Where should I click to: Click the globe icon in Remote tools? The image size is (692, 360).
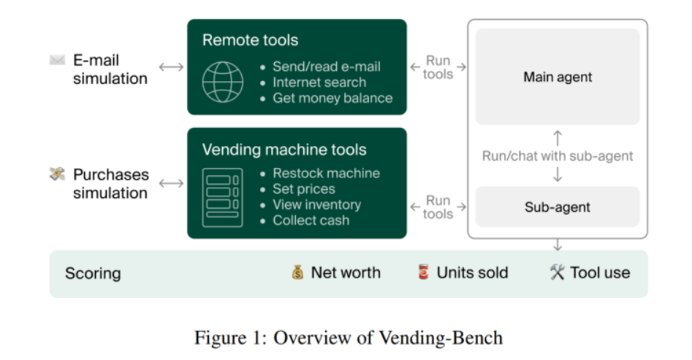click(x=223, y=82)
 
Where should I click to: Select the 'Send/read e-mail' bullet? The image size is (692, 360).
click(x=327, y=66)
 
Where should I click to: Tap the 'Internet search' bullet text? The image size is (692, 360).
click(x=319, y=83)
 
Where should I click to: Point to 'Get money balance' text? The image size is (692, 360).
click(x=332, y=98)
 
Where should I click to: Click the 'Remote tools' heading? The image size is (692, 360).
click(x=250, y=40)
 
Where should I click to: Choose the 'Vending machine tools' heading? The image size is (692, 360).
click(x=284, y=150)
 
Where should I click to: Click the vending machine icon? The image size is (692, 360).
click(x=222, y=197)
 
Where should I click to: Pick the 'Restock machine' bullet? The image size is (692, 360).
click(x=326, y=173)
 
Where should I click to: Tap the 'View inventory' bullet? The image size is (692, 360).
click(x=316, y=204)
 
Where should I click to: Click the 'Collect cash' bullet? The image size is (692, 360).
click(x=311, y=221)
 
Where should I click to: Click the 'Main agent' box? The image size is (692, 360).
click(x=558, y=77)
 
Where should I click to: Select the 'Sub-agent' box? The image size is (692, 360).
click(x=558, y=207)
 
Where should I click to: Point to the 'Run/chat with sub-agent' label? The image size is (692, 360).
click(x=558, y=156)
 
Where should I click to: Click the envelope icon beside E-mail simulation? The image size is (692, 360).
click(x=58, y=60)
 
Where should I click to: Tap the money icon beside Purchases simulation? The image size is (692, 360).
click(x=57, y=174)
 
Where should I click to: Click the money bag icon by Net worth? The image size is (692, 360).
click(x=297, y=273)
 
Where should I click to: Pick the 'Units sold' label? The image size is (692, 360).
click(x=472, y=273)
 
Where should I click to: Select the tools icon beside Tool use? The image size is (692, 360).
click(x=557, y=272)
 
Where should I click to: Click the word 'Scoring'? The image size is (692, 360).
click(x=93, y=274)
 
